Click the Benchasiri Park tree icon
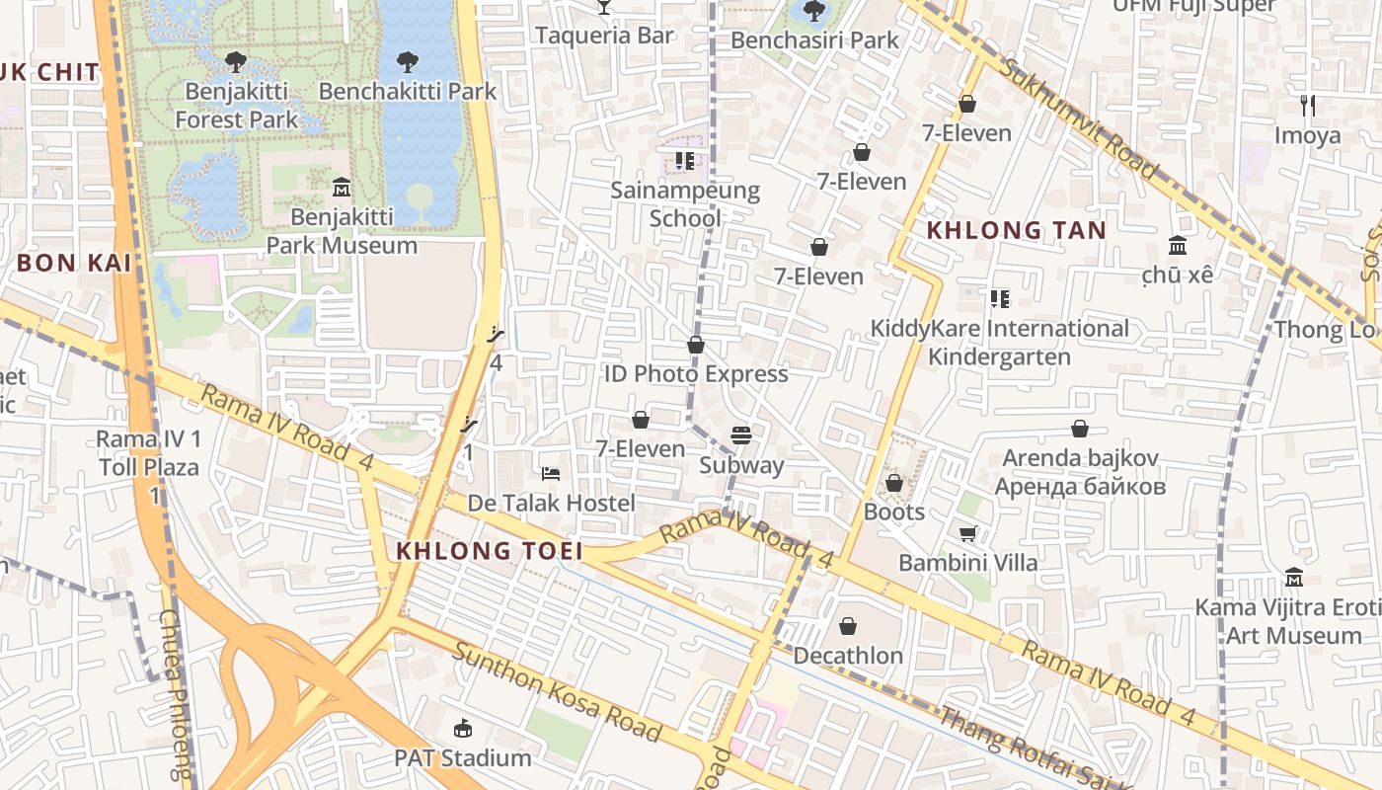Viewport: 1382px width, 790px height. pos(814,11)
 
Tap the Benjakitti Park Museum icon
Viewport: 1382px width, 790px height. pos(342,187)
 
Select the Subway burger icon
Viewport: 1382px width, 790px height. pos(741,435)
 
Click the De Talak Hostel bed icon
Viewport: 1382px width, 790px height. pos(551,474)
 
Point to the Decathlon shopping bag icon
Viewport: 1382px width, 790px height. pos(848,626)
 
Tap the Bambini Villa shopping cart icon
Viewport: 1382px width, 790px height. pos(968,534)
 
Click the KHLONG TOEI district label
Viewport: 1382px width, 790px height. pos(489,551)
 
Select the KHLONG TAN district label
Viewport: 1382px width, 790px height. pos(1016,230)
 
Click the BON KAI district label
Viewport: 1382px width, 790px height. pos(74,263)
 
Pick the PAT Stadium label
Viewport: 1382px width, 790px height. pos(463,758)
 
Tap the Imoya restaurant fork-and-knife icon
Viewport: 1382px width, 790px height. pos(1308,106)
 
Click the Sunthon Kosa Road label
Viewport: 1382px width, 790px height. pos(558,691)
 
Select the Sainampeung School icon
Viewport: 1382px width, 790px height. pos(685,160)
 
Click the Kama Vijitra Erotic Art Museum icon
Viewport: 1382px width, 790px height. pos(1293,577)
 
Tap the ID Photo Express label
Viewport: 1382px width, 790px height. pos(696,374)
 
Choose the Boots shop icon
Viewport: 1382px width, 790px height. pos(894,483)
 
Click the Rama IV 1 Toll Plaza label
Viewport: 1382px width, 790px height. pos(148,453)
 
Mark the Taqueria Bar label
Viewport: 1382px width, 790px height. pos(604,36)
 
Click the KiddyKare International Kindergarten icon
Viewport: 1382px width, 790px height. pos(1000,298)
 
